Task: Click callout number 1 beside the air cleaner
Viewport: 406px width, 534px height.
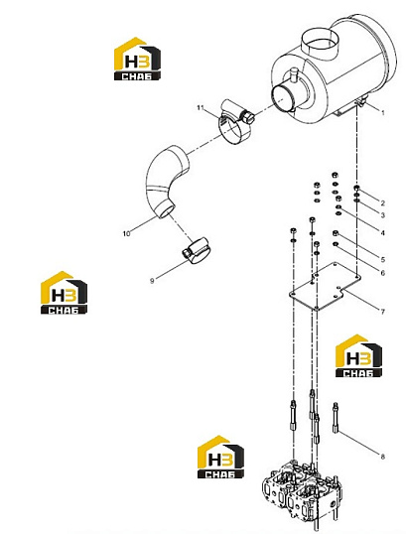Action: [382, 113]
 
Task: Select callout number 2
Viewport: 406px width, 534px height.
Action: [382, 202]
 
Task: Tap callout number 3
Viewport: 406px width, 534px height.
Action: [382, 215]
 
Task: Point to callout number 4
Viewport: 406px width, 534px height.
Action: [382, 233]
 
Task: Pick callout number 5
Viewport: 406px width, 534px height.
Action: [382, 259]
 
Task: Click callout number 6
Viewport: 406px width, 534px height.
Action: [382, 273]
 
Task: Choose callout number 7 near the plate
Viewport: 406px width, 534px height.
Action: [382, 312]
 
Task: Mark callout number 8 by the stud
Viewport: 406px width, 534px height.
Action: [382, 457]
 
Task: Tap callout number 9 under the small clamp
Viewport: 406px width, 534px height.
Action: [152, 281]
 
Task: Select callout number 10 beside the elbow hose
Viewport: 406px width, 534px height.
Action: [126, 234]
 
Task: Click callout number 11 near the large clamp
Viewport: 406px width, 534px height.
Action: [200, 107]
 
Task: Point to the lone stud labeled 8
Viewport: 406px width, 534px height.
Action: [336, 418]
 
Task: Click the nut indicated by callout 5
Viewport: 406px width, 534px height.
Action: [336, 233]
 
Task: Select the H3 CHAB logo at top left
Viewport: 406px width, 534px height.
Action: [137, 59]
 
